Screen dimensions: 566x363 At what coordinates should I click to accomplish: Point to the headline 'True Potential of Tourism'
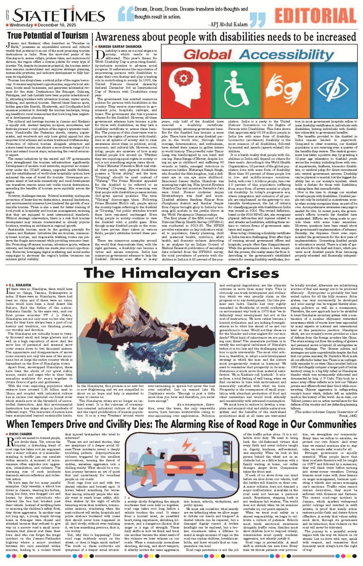[47, 35]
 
